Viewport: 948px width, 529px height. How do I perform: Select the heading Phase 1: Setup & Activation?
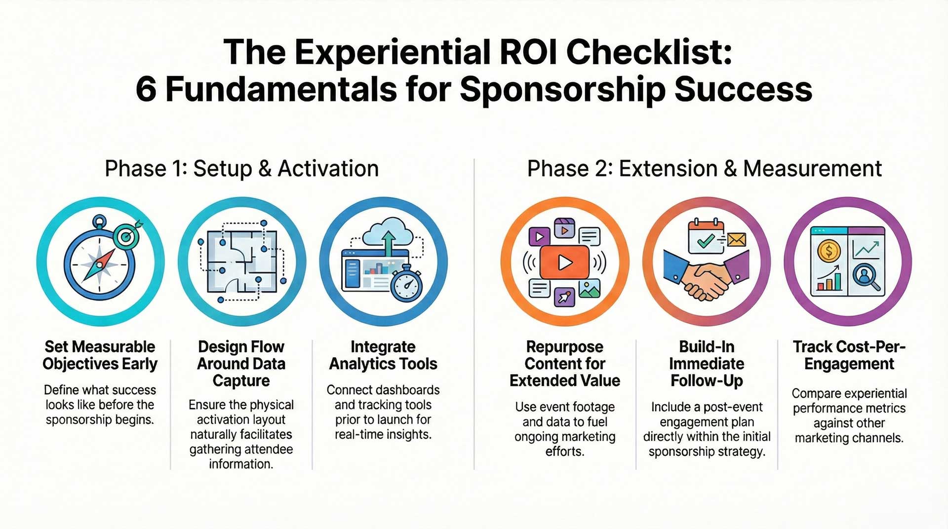tap(241, 169)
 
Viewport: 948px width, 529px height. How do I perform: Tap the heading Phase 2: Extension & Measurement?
tap(704, 169)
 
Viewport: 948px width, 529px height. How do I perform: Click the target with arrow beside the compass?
tap(126, 235)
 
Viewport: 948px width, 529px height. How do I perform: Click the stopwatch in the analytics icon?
tap(406, 285)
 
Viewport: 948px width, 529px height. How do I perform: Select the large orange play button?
tap(564, 262)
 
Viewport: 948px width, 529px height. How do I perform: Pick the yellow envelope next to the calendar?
tap(736, 240)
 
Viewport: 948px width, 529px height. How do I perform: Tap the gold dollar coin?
tap(829, 251)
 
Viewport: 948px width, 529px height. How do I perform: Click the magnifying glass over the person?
tap(866, 277)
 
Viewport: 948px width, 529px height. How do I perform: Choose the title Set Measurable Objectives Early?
tap(100, 355)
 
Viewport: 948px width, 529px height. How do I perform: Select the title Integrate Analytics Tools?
tap(383, 355)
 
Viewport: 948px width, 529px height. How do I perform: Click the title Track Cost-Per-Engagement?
tap(849, 355)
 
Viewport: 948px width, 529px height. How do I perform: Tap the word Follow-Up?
tap(707, 381)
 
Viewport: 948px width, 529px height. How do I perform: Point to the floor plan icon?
tap(241, 262)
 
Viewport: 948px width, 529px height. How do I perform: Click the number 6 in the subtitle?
tap(146, 90)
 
